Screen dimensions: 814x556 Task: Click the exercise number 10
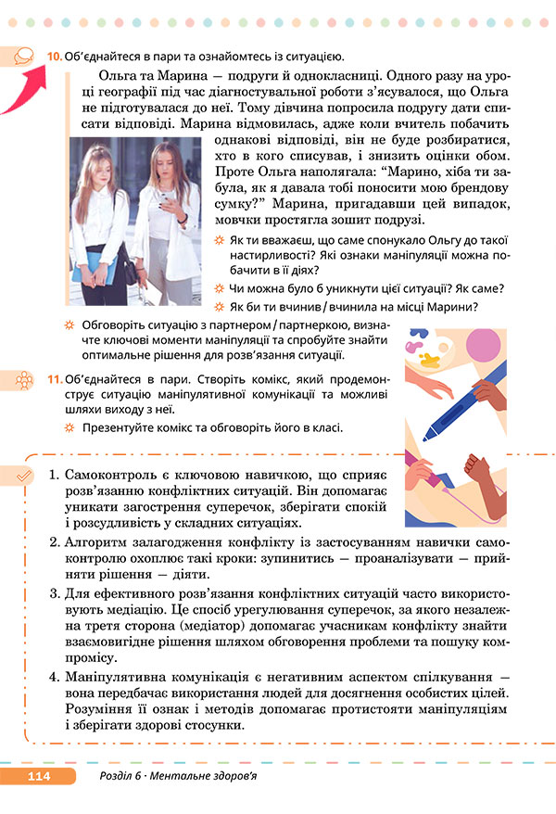[55, 57]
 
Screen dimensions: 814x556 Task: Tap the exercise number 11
[55, 380]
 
